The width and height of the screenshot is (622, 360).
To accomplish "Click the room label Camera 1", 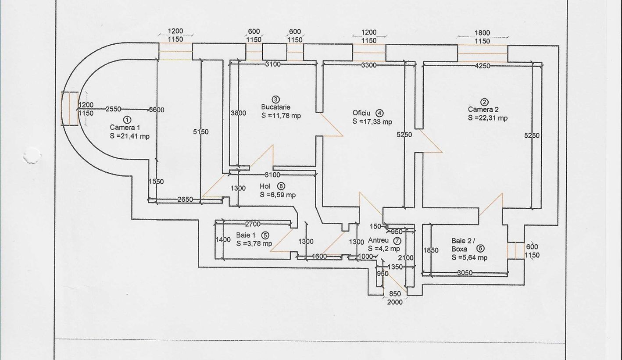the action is [x=125, y=128].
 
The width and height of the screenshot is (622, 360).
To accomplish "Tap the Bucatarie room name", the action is [x=276, y=107].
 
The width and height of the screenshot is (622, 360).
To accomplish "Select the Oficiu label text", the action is [x=361, y=113].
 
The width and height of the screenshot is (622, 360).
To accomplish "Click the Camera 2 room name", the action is [x=483, y=109].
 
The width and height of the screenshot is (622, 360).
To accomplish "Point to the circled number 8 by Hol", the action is [x=281, y=186].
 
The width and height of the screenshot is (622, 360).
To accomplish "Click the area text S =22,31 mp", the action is [x=488, y=118].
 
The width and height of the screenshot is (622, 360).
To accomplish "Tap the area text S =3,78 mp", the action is [x=254, y=244].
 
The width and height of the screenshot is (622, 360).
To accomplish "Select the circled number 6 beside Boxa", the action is [x=480, y=249].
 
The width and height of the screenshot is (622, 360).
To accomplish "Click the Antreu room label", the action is [x=378, y=240].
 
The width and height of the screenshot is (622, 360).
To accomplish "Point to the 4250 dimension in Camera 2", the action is [x=483, y=66].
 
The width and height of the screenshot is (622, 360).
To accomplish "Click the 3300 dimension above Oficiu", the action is [x=369, y=65].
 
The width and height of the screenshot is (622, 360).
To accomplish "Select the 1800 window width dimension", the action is [x=483, y=33].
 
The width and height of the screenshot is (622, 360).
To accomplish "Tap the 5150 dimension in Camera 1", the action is [x=201, y=132].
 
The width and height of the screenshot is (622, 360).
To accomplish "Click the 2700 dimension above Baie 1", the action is [x=253, y=224].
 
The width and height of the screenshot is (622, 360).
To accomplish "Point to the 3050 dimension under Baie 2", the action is [x=465, y=273].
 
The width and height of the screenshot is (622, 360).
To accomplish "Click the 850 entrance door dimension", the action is [x=395, y=294].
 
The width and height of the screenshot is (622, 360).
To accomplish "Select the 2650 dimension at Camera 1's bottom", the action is [x=185, y=199].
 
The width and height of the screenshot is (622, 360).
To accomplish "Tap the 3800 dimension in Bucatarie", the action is [x=239, y=113].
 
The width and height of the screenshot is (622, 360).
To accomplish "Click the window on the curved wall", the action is [x=69, y=109].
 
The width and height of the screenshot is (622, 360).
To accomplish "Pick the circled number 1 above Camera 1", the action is [x=127, y=120].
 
